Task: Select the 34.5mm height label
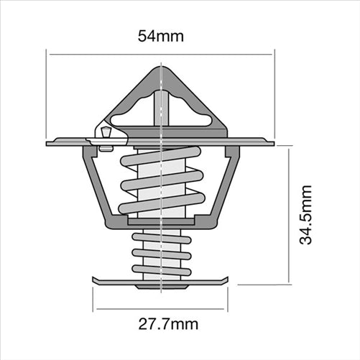coord(307,215)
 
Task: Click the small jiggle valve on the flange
coord(106,133)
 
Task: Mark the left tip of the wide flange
coord(49,142)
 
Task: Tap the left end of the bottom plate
coord(95,280)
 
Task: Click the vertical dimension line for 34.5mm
coord(289,215)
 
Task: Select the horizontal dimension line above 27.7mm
coord(160,309)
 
